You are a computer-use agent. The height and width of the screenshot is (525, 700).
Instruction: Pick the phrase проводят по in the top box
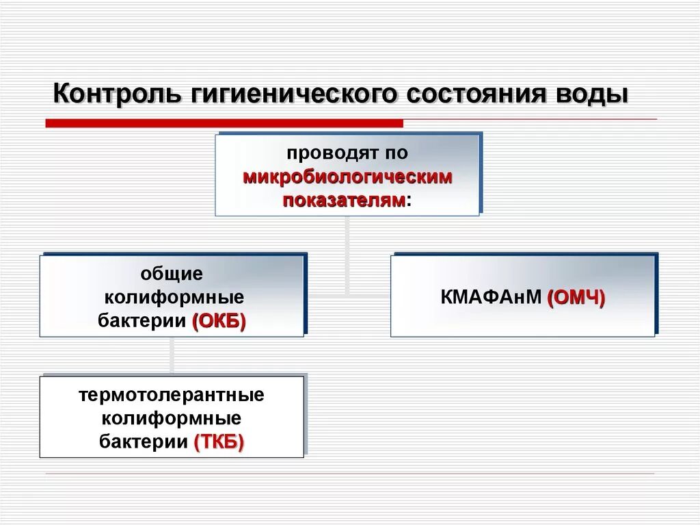(347, 154)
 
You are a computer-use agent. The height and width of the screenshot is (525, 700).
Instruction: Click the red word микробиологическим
(347, 177)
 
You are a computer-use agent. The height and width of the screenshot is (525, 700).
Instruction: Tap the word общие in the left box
(172, 274)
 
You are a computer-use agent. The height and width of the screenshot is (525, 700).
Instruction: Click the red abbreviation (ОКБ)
(219, 321)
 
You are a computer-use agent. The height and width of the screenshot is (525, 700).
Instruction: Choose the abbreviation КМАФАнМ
(492, 298)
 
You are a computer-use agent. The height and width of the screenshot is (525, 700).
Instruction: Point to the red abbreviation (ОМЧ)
(576, 298)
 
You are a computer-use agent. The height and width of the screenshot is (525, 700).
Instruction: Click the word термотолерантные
(172, 395)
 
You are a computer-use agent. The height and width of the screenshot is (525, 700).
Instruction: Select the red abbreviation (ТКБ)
(219, 442)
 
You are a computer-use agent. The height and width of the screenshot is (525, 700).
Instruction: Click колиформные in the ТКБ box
(172, 418)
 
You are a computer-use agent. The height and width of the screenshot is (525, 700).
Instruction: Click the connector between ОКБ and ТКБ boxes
(172, 355)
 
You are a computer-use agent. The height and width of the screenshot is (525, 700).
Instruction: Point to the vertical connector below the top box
(347, 253)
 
